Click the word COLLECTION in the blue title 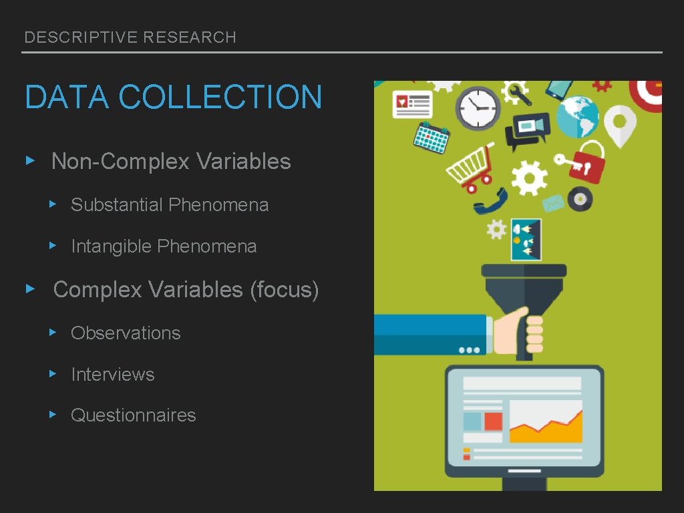coord(220,97)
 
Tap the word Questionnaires coord(134,415)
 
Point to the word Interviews coord(113,374)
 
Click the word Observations coord(126,333)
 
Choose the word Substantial coord(117,204)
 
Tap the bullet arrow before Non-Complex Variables coord(29,161)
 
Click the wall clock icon coord(478,108)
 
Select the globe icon coord(578,118)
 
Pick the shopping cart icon coord(471,166)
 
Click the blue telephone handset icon coord(490,201)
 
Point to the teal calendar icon coord(431,138)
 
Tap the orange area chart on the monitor coord(545,427)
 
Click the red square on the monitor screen coord(493,421)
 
